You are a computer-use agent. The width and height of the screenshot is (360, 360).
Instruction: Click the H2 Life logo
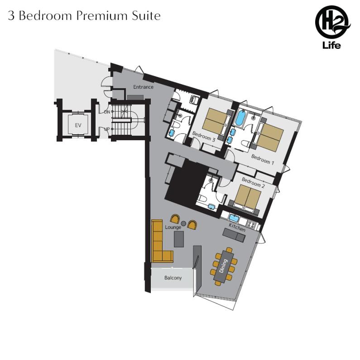point(332,27)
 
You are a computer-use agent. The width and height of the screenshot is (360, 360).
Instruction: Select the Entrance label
point(143,87)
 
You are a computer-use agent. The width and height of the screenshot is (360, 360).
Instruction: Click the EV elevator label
point(78,125)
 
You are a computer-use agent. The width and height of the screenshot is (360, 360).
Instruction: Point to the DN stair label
point(107,112)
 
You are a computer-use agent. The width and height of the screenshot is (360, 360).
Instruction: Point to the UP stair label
point(107,129)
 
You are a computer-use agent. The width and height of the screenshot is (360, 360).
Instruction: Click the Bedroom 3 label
point(204,137)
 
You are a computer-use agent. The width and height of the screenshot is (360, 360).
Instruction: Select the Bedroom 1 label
point(263,160)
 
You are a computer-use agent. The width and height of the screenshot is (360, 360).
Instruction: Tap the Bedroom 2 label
point(253,183)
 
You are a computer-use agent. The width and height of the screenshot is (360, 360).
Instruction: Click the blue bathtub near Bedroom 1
point(240,118)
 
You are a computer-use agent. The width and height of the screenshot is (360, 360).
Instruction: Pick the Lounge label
point(173,227)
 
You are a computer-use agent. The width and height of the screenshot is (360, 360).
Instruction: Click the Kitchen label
point(237,227)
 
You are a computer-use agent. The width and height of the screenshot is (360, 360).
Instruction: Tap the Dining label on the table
point(223,266)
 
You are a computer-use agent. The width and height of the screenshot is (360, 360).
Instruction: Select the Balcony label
point(173,278)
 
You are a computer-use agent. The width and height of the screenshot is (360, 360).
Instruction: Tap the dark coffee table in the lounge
point(178,239)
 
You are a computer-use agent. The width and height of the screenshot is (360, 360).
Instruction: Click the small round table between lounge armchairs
point(183,223)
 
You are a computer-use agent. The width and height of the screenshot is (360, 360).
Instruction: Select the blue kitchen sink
point(234,217)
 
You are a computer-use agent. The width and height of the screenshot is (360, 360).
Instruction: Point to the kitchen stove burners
point(251,224)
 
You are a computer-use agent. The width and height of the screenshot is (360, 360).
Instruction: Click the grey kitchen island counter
point(234,235)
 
